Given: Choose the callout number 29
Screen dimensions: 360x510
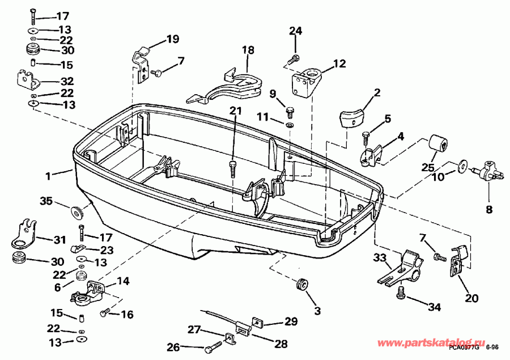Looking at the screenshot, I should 291,321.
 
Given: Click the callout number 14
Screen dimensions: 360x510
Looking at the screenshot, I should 123,280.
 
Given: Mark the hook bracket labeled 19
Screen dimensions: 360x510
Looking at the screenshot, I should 140,61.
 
